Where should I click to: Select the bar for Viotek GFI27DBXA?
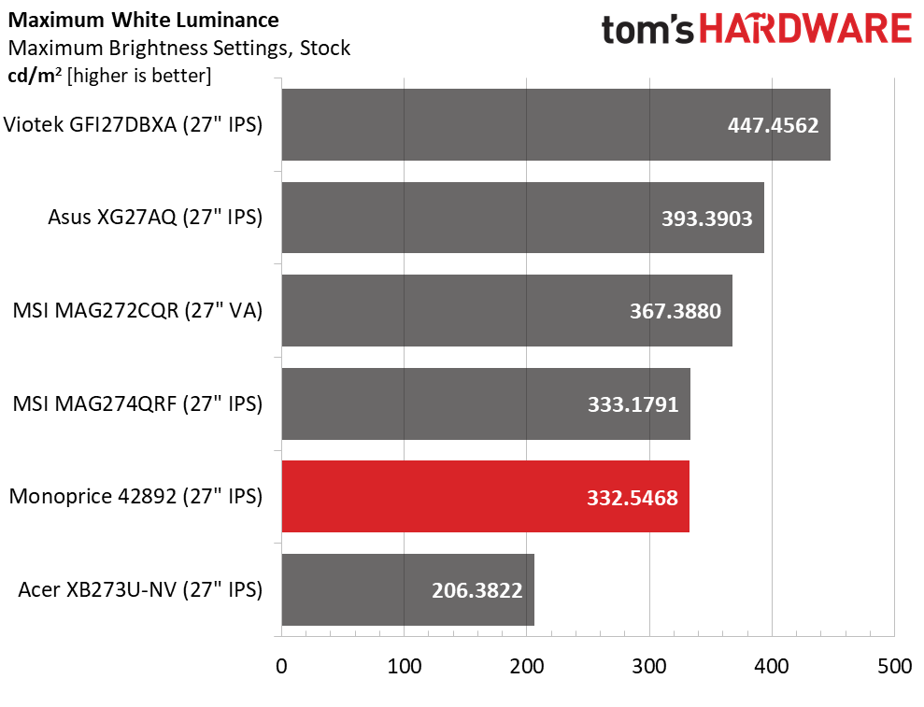(x=555, y=125)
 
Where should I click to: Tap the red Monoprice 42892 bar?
(x=485, y=497)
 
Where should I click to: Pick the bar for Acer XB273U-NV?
(x=407, y=589)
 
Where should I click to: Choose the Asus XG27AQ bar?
(x=522, y=218)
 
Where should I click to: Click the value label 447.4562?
(x=773, y=125)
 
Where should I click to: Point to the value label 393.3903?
(x=706, y=218)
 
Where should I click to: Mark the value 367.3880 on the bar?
(x=675, y=311)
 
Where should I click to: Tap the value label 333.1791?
(x=633, y=404)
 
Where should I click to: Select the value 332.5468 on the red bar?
(x=633, y=497)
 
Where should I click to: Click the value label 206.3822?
(x=476, y=589)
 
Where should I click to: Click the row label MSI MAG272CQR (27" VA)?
(x=137, y=311)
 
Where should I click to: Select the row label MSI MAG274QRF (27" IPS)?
(x=137, y=404)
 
